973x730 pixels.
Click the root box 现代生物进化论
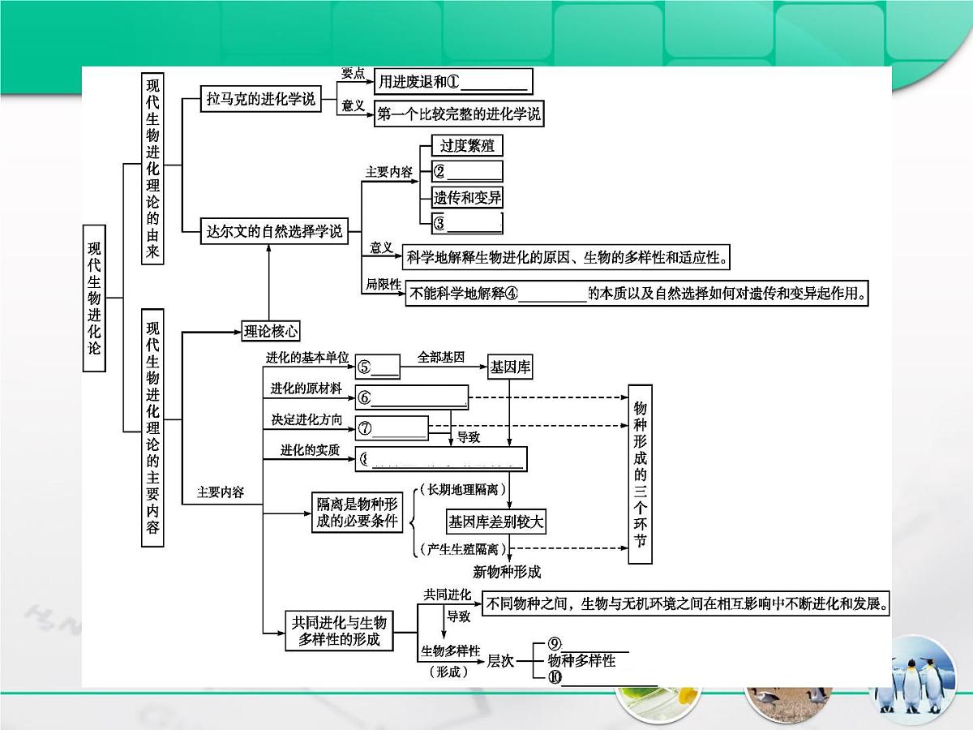point(95,298)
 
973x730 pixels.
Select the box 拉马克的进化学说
point(261,100)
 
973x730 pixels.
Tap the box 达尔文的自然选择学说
point(273,232)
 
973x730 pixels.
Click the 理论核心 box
point(271,331)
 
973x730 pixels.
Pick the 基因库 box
point(510,367)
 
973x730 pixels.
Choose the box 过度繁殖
point(467,146)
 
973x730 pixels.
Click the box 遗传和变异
point(467,198)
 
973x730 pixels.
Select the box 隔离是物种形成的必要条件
point(358,513)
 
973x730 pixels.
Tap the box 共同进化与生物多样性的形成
point(340,631)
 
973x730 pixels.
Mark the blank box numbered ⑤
point(378,367)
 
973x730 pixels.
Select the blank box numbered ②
point(467,171)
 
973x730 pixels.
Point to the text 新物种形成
point(506,572)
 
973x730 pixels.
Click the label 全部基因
point(441,358)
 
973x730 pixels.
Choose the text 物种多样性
point(581,660)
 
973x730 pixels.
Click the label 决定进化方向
point(306,419)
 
